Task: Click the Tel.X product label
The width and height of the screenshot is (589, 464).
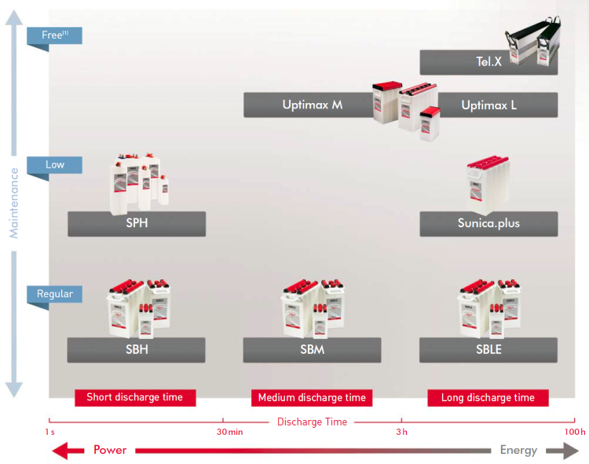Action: [488, 62]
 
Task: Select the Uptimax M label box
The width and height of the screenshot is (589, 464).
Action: [312, 105]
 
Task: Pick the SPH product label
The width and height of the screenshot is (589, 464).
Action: [137, 223]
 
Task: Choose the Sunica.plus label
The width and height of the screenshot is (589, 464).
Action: [488, 223]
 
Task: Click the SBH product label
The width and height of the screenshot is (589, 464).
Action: [137, 349]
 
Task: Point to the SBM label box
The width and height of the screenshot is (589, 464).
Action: [312, 349]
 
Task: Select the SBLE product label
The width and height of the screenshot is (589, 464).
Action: [488, 349]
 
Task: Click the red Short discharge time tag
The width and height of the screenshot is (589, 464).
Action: [134, 397]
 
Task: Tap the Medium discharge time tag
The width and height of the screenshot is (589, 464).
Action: [312, 397]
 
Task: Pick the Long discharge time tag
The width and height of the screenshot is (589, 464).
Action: [488, 397]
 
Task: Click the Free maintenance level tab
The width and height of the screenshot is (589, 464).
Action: [54, 35]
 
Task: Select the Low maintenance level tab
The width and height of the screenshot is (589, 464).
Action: [54, 165]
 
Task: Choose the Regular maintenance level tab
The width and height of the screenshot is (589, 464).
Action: [54, 294]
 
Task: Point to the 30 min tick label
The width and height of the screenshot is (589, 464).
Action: [229, 432]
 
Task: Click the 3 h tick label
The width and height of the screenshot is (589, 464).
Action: [401, 432]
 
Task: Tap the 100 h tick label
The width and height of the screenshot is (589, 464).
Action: [575, 432]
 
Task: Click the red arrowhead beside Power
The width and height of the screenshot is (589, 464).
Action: [68, 451]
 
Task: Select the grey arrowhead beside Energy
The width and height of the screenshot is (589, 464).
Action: [562, 451]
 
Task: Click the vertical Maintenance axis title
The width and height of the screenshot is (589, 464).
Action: [13, 202]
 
